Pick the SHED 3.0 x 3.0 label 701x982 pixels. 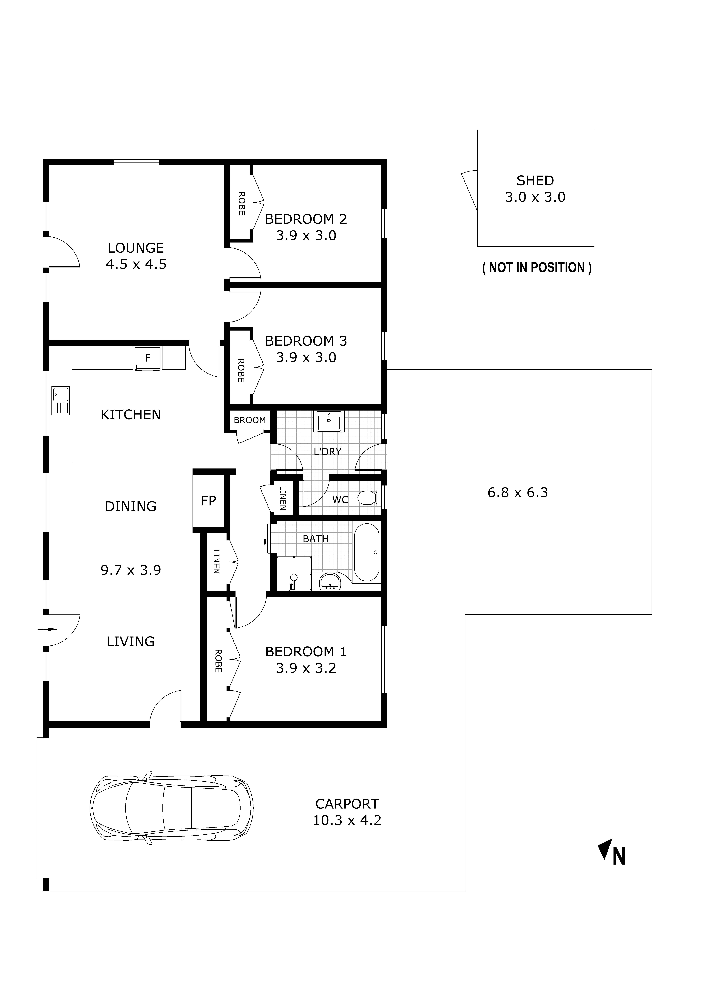coord(535,189)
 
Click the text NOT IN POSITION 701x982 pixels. coord(536,268)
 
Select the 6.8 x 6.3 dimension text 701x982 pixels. coord(518,493)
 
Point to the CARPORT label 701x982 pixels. coord(347,804)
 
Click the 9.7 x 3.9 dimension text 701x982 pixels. coord(131,570)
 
